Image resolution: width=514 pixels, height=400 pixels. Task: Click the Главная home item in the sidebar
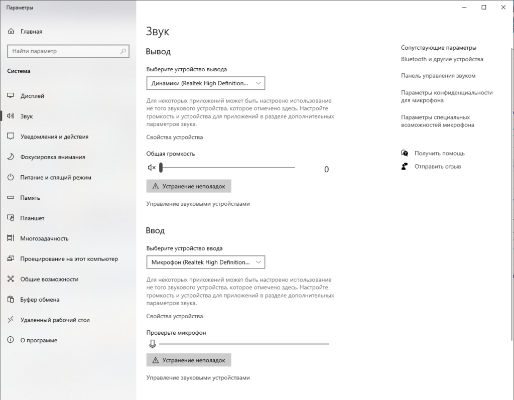[31, 32]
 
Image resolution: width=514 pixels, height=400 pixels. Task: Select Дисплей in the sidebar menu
[32, 96]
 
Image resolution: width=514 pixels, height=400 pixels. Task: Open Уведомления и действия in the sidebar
[54, 137]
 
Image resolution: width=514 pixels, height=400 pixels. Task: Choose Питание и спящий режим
[56, 177]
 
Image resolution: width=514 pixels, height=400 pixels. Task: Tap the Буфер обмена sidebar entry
[40, 300]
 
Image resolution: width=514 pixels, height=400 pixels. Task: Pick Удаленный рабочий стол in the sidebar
[55, 320]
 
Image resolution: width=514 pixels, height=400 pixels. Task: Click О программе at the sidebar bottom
[39, 340]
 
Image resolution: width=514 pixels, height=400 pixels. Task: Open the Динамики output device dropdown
[205, 83]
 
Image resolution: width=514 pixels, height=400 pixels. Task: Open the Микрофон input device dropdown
[205, 262]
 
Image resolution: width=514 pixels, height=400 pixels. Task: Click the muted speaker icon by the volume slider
[152, 168]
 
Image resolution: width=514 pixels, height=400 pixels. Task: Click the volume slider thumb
[161, 168]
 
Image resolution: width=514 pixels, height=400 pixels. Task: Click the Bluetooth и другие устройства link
[442, 59]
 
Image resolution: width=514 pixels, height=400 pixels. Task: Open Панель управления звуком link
[438, 76]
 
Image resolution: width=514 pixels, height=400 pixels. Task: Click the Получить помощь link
[439, 153]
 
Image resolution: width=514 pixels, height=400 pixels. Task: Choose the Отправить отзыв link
[437, 166]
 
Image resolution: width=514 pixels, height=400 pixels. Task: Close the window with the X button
[502, 7]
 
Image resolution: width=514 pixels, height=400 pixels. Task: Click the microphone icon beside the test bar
[152, 344]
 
